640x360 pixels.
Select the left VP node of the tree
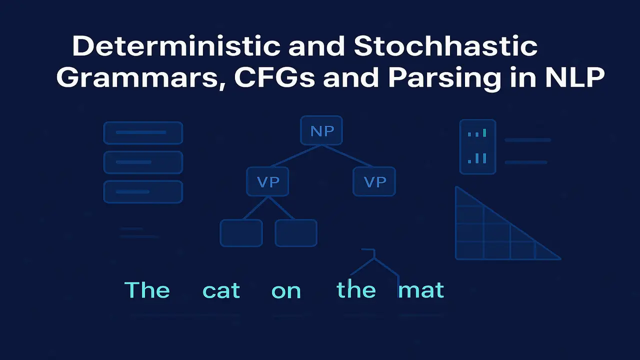268,182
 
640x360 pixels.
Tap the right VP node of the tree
374,182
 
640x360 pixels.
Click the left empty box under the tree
241,233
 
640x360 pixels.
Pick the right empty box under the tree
296,233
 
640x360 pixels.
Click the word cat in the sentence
221,290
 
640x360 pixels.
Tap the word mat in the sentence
421,290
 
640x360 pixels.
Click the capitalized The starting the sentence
146,290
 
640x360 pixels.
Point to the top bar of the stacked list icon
143,133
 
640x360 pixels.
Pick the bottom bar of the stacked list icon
143,191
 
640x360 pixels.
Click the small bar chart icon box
477,146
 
